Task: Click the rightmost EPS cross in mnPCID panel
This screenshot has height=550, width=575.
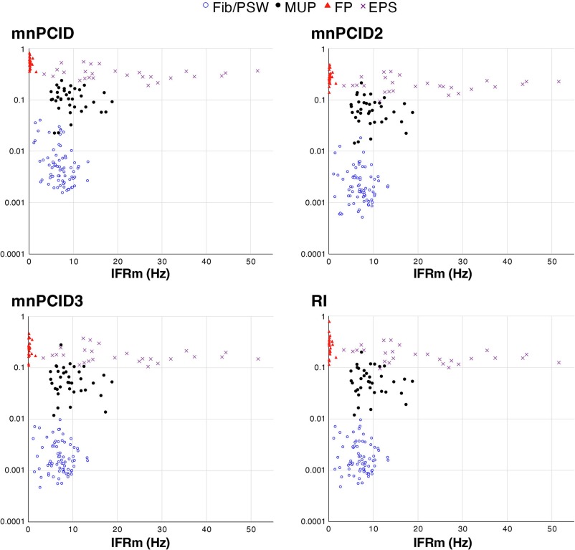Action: (x=257, y=71)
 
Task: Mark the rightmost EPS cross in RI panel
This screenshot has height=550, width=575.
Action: (x=559, y=363)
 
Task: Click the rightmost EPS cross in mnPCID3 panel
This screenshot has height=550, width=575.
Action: (x=257, y=359)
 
